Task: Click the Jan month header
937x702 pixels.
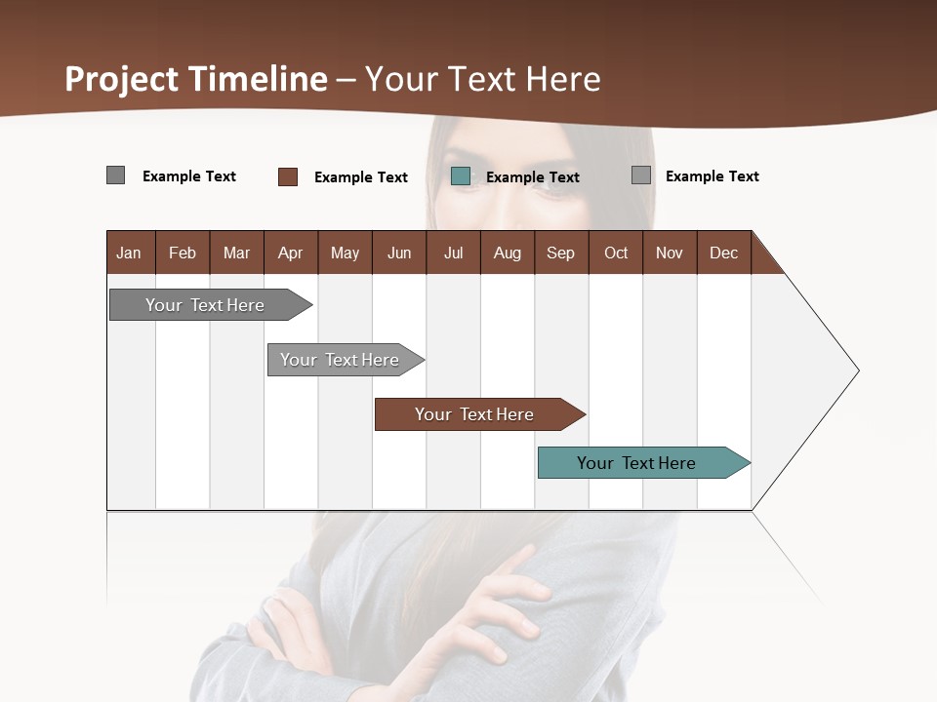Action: point(130,253)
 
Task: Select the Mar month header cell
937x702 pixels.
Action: point(236,253)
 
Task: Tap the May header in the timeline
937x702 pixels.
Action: point(345,253)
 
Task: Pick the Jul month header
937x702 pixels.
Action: point(453,253)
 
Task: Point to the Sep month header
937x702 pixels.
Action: point(560,253)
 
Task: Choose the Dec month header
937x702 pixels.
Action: point(723,253)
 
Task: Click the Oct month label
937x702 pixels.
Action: point(616,253)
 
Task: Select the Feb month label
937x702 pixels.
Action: point(183,253)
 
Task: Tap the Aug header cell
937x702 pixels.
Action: point(507,253)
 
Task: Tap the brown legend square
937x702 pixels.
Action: point(288,176)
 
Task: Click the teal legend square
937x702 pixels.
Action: point(461,176)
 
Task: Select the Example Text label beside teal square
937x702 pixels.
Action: point(532,177)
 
